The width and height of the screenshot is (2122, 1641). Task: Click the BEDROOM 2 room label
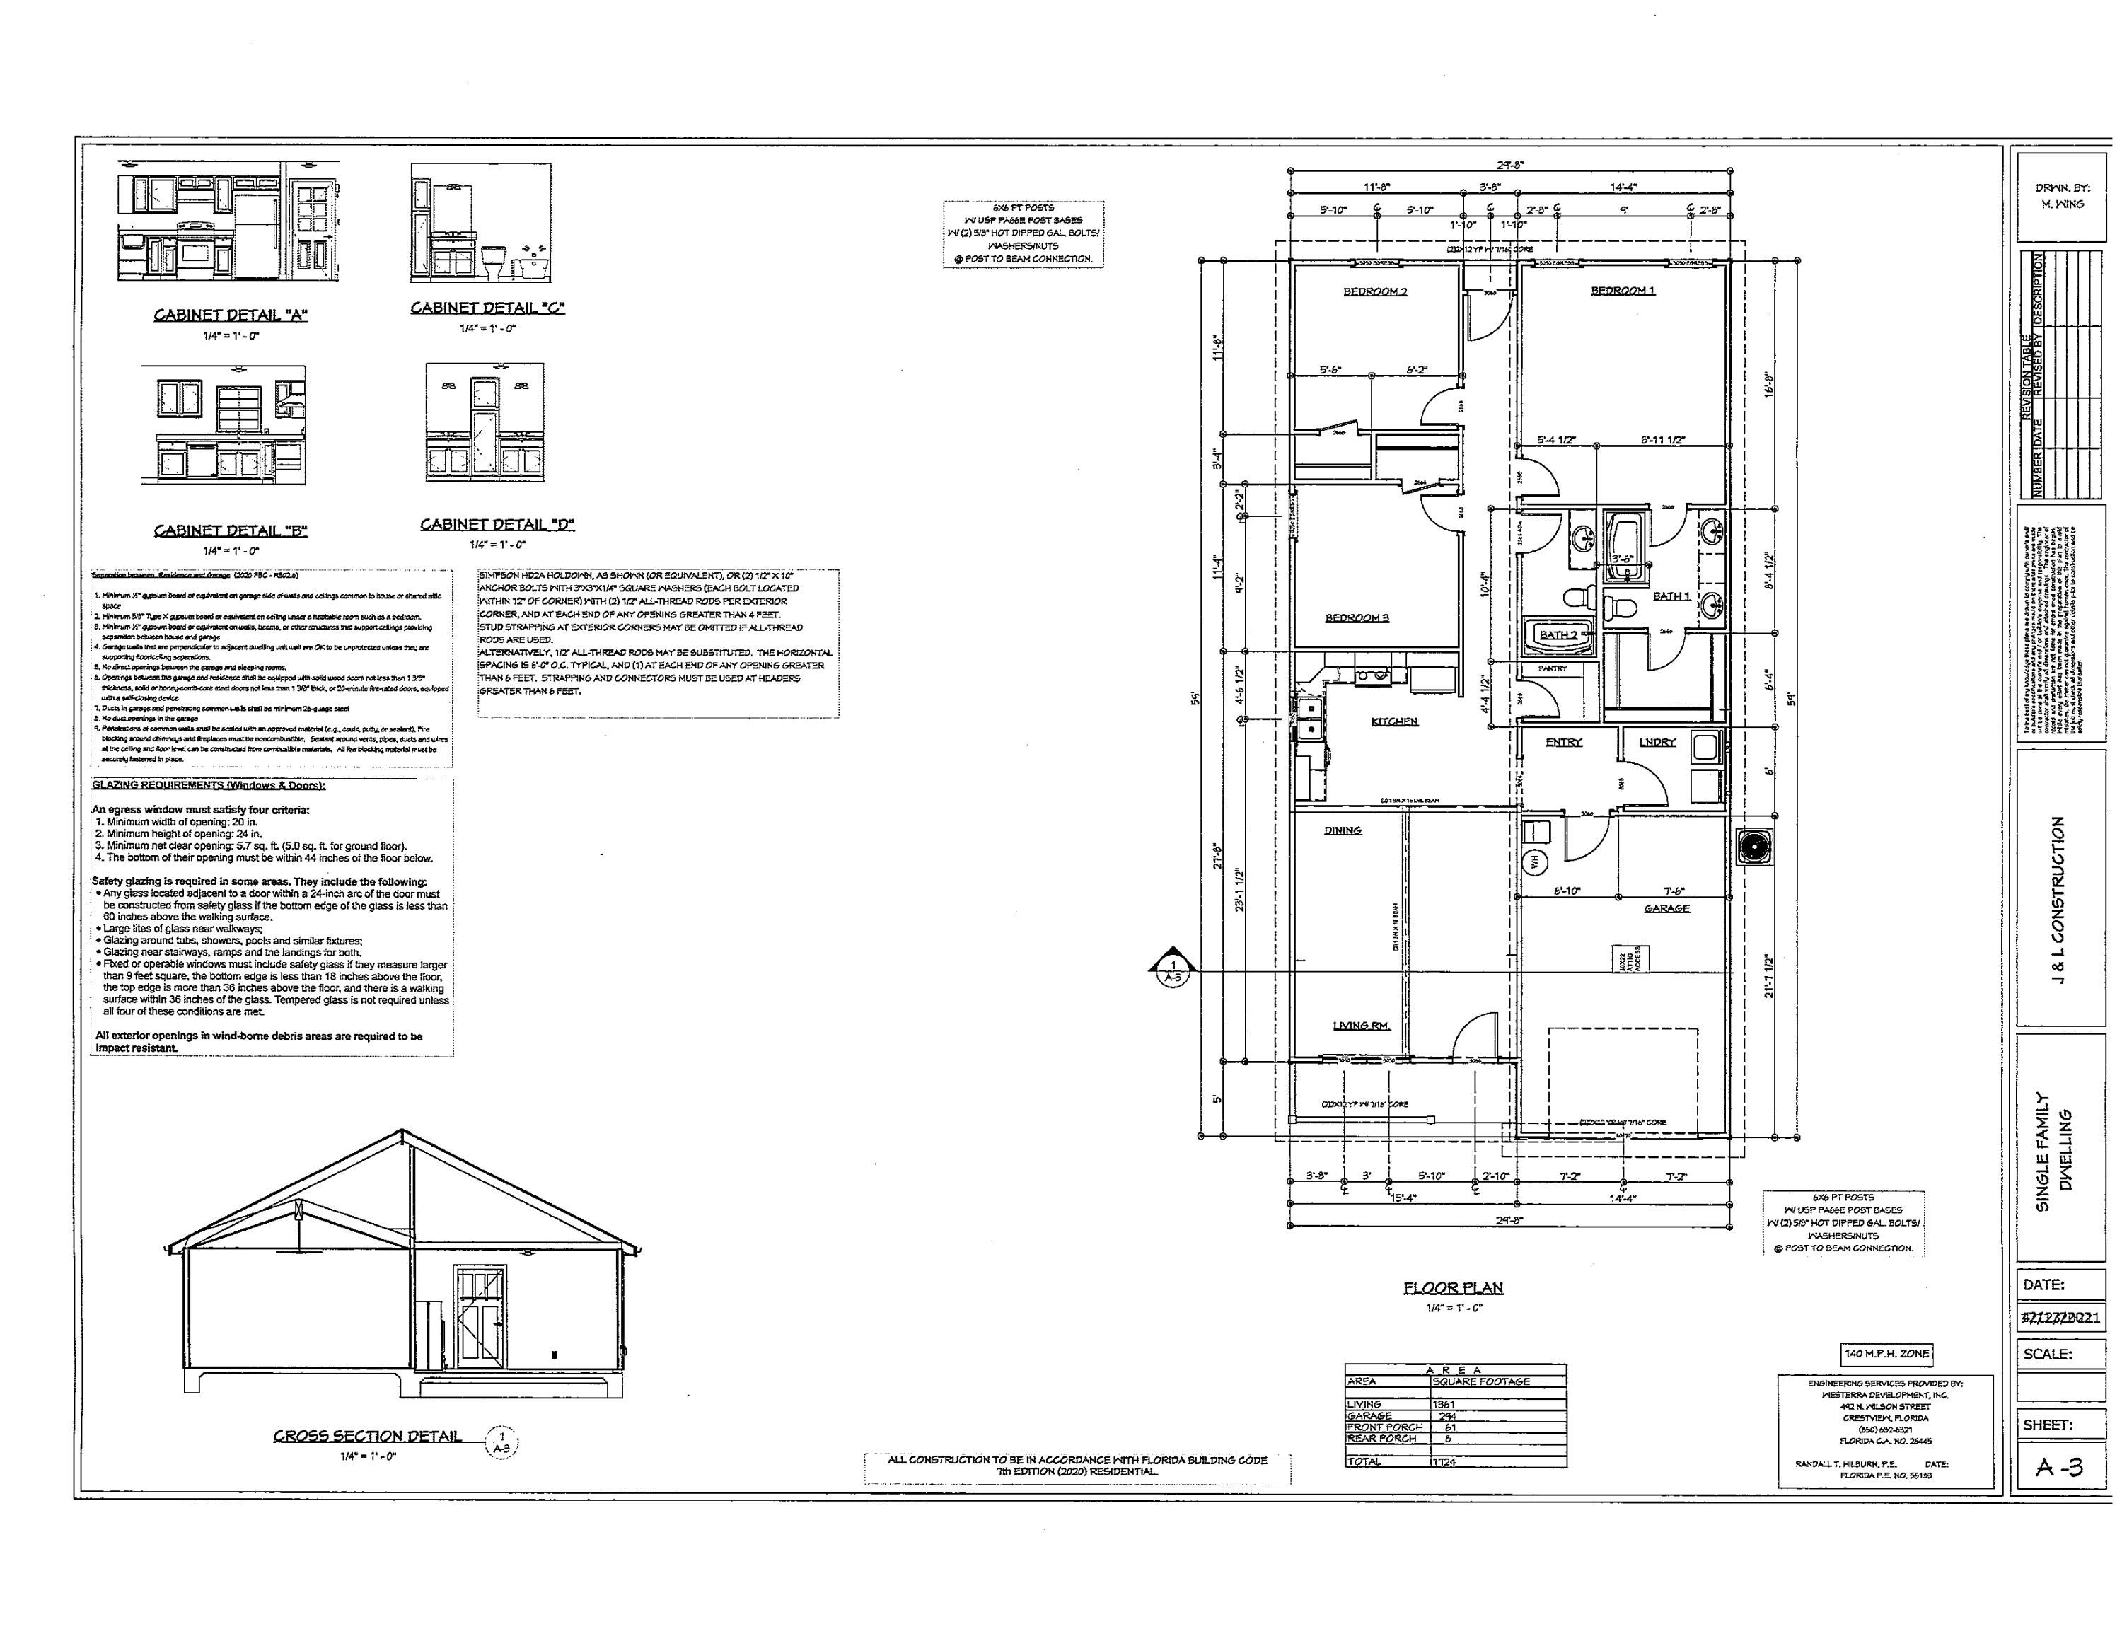pyautogui.click(x=1375, y=291)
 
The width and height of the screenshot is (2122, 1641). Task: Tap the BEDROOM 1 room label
pyautogui.click(x=1623, y=291)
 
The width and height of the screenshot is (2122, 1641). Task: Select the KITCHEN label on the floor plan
pyautogui.click(x=1394, y=722)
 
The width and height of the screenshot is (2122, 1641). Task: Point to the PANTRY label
pyautogui.click(x=1553, y=668)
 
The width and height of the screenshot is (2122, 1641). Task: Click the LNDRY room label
pyautogui.click(x=1657, y=742)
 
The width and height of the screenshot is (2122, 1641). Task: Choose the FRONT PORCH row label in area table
pyautogui.click(x=1384, y=1427)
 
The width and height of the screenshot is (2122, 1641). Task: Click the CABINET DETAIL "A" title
pyautogui.click(x=231, y=315)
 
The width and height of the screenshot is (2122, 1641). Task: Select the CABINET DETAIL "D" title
pyautogui.click(x=497, y=525)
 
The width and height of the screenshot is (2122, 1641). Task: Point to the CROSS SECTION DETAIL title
pyautogui.click(x=367, y=1436)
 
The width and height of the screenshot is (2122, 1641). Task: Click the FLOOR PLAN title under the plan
pyautogui.click(x=1453, y=1288)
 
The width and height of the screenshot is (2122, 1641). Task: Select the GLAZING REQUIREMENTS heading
pyautogui.click(x=208, y=785)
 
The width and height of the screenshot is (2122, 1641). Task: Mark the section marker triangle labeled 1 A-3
pyautogui.click(x=1173, y=968)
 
